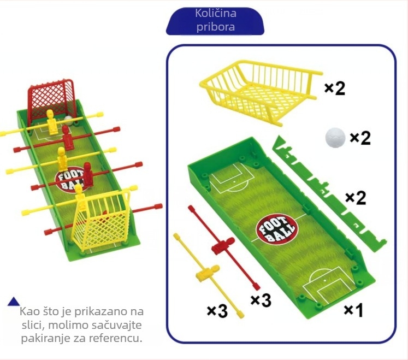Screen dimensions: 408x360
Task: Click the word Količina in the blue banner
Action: (216, 13)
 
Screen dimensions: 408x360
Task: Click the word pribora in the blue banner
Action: (216, 27)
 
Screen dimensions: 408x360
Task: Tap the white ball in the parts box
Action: (335, 138)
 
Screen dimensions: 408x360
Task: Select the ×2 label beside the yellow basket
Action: (335, 88)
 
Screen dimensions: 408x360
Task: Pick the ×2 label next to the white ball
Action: (360, 138)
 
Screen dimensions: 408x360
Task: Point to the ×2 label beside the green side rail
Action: (356, 198)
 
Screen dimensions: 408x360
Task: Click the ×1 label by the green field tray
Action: (353, 310)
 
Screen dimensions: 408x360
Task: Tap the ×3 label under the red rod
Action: (261, 300)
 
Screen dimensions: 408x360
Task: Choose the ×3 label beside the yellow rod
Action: (217, 311)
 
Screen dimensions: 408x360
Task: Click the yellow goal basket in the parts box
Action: (260, 92)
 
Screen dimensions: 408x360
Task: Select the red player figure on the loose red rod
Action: (223, 246)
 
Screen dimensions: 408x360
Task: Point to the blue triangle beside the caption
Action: (14, 302)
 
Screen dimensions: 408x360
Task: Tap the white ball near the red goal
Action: (69, 120)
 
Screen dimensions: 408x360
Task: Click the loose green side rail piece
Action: (329, 194)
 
